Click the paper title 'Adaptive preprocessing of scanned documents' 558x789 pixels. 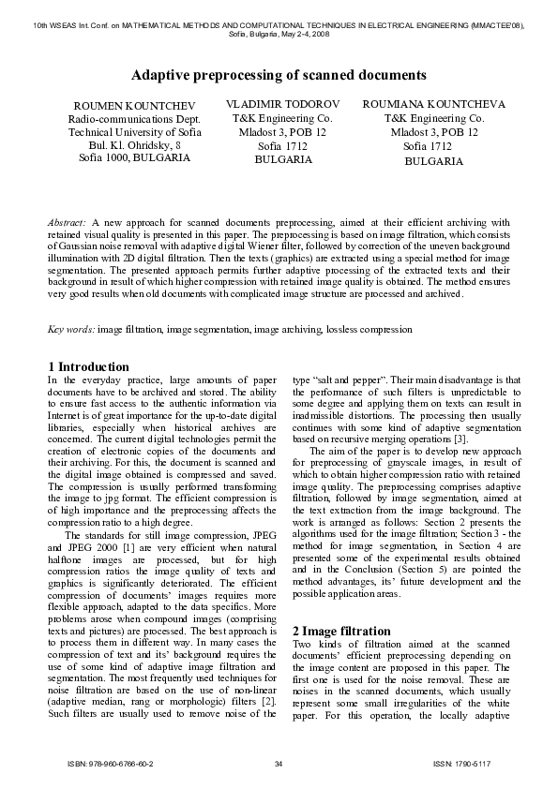[279, 73]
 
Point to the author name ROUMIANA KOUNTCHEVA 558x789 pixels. [433, 104]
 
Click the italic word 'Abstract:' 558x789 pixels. [68, 222]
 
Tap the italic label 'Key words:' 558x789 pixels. [71, 329]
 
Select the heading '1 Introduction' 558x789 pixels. [88, 365]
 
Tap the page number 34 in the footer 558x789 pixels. [279, 765]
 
